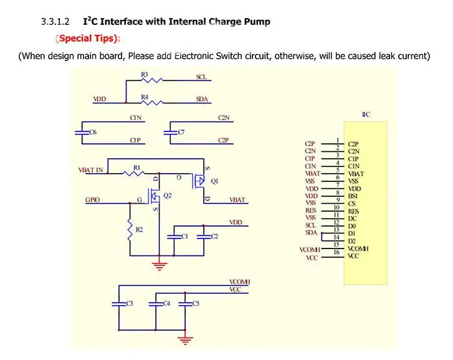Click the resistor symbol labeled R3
click(151, 80)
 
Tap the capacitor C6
click(79, 132)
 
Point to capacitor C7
click(167, 132)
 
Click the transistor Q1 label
click(214, 181)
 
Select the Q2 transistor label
click(166, 196)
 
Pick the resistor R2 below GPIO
click(130, 230)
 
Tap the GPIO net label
click(93, 201)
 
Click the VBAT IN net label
click(91, 169)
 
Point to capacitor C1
click(174, 237)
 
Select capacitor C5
click(185, 303)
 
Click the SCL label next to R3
click(201, 77)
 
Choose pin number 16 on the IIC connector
click(336, 252)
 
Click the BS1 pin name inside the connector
click(353, 196)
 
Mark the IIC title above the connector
click(366, 115)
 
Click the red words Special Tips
click(88, 39)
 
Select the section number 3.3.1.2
click(58, 22)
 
